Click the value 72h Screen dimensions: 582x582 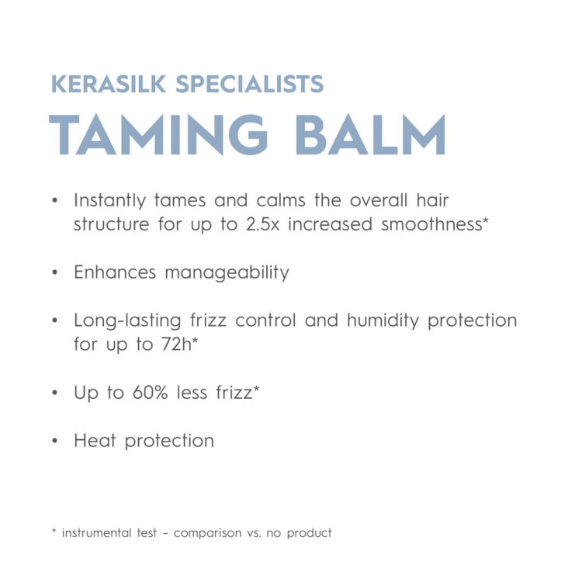pos(178,345)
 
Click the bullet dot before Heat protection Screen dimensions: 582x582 pos(54,441)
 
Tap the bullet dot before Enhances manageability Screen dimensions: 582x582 pos(54,273)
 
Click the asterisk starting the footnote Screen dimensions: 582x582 pos(54,532)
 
